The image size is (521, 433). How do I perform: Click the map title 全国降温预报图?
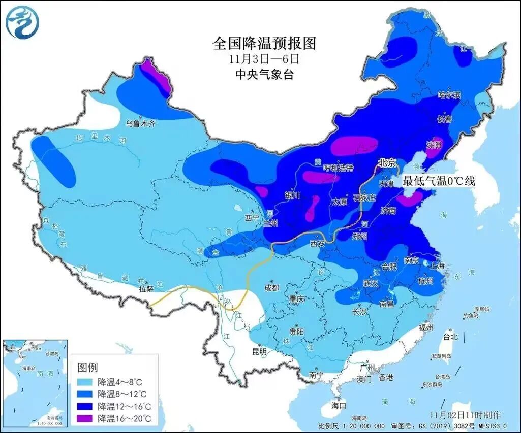pyautogui.click(x=264, y=43)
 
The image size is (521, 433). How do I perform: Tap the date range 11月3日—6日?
pyautogui.click(x=264, y=59)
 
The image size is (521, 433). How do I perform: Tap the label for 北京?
pyautogui.click(x=387, y=163)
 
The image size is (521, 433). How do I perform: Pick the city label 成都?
pyautogui.click(x=272, y=288)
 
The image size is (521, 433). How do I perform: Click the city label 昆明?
pyautogui.click(x=259, y=351)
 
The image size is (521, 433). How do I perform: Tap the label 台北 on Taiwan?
pyautogui.click(x=451, y=337)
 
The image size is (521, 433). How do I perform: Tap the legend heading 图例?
pyautogui.click(x=87, y=367)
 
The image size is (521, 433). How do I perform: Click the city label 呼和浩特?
pyautogui.click(x=339, y=168)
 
